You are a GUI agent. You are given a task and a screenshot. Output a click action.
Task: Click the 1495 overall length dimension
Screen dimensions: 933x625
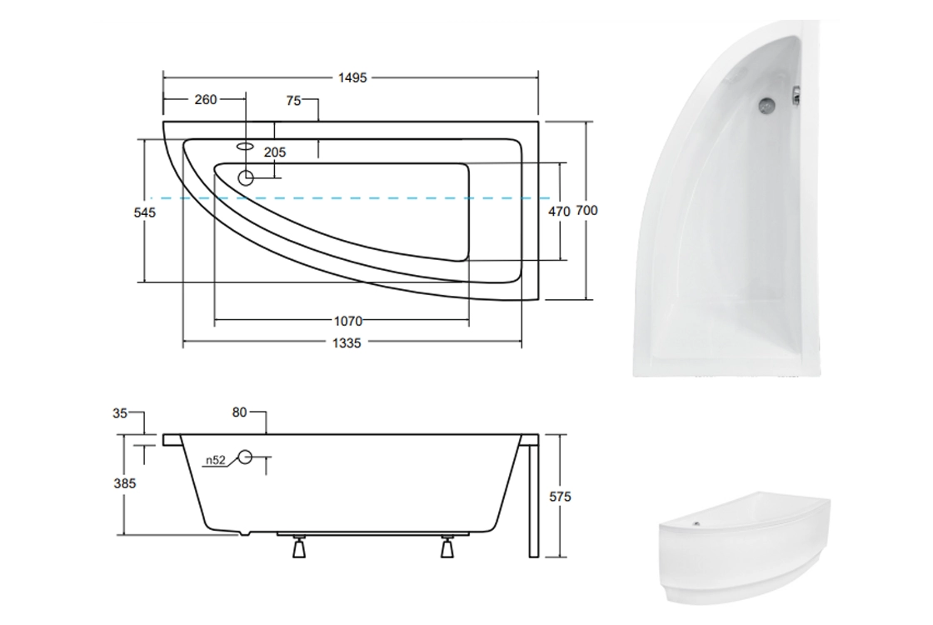coord(352,78)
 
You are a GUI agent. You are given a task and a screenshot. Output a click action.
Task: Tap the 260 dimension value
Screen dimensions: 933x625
coord(205,100)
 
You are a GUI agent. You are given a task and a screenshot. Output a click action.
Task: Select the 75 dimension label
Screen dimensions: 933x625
coord(293,101)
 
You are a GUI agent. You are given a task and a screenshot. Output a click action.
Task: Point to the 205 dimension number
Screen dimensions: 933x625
coord(275,152)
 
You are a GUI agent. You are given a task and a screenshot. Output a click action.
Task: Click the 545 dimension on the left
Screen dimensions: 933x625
coord(145,212)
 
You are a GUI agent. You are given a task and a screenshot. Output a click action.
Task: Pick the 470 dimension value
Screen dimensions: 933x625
coord(559,212)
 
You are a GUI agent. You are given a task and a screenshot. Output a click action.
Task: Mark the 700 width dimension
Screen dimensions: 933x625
coord(586,211)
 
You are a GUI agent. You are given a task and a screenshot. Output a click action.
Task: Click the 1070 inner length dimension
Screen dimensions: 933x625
coord(348,322)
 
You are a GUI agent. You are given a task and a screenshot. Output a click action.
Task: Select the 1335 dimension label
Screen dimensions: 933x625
coord(347,343)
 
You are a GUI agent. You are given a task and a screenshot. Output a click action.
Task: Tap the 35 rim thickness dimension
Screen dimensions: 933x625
coord(120,413)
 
